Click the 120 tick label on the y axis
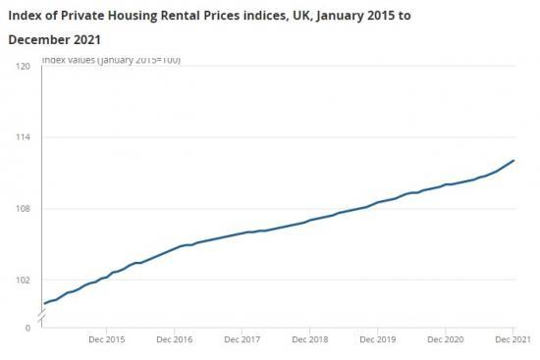pyautogui.click(x=24, y=66)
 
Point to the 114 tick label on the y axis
pyautogui.click(x=24, y=137)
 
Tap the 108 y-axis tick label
pyautogui.click(x=24, y=209)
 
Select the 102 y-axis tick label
pyautogui.click(x=24, y=281)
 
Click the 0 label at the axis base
pyautogui.click(x=27, y=328)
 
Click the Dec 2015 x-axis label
pyautogui.click(x=106, y=338)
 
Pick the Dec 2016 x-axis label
pyautogui.click(x=174, y=338)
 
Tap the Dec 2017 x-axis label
pyautogui.click(x=242, y=338)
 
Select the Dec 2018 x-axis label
pyautogui.click(x=309, y=338)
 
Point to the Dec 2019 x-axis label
pyautogui.click(x=377, y=338)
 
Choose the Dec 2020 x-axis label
pyautogui.click(x=445, y=338)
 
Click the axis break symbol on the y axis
pyautogui.click(x=42, y=316)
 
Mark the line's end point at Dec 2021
pyautogui.click(x=513, y=160)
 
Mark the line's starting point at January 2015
pyautogui.click(x=44, y=303)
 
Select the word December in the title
pyautogui.click(x=42, y=41)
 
